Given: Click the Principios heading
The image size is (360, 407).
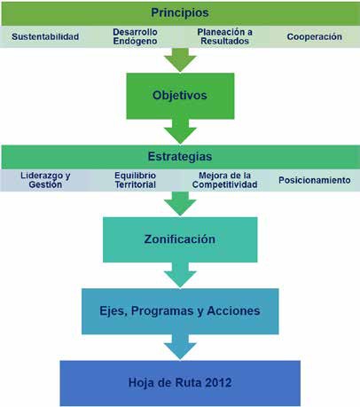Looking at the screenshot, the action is point(180,12).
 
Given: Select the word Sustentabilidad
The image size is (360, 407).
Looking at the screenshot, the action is point(45,36).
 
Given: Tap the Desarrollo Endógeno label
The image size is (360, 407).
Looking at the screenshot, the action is point(135,36).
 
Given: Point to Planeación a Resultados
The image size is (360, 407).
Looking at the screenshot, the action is point(224,36).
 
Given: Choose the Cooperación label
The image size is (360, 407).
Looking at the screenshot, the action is point(315,36).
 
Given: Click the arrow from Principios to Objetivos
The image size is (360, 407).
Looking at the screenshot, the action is point(180,59).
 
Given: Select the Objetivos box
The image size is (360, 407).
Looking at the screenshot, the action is point(180,96).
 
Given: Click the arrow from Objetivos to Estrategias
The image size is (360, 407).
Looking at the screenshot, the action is point(180,131).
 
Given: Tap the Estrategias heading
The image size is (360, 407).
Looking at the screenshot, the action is point(180,156).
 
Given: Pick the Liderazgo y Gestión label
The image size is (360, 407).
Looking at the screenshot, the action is point(45,180).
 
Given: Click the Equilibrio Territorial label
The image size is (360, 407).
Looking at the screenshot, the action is point(136,180).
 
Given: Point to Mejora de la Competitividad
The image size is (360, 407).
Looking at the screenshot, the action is point(224,180).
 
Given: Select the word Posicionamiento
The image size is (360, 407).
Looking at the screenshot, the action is point(315,180).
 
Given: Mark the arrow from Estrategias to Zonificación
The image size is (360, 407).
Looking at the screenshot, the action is point(180,203).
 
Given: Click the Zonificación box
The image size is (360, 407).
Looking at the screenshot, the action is point(180,239).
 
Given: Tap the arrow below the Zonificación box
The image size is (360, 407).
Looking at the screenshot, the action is point(180,275).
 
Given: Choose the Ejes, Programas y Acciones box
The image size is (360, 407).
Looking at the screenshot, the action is point(180,311).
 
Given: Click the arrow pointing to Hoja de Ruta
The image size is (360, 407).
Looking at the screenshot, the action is point(180,347).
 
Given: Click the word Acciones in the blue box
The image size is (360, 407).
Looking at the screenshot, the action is point(233,310).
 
